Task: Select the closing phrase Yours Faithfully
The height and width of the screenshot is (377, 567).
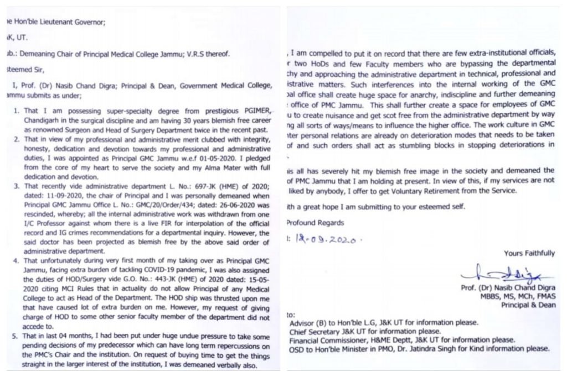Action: pos(529,253)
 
